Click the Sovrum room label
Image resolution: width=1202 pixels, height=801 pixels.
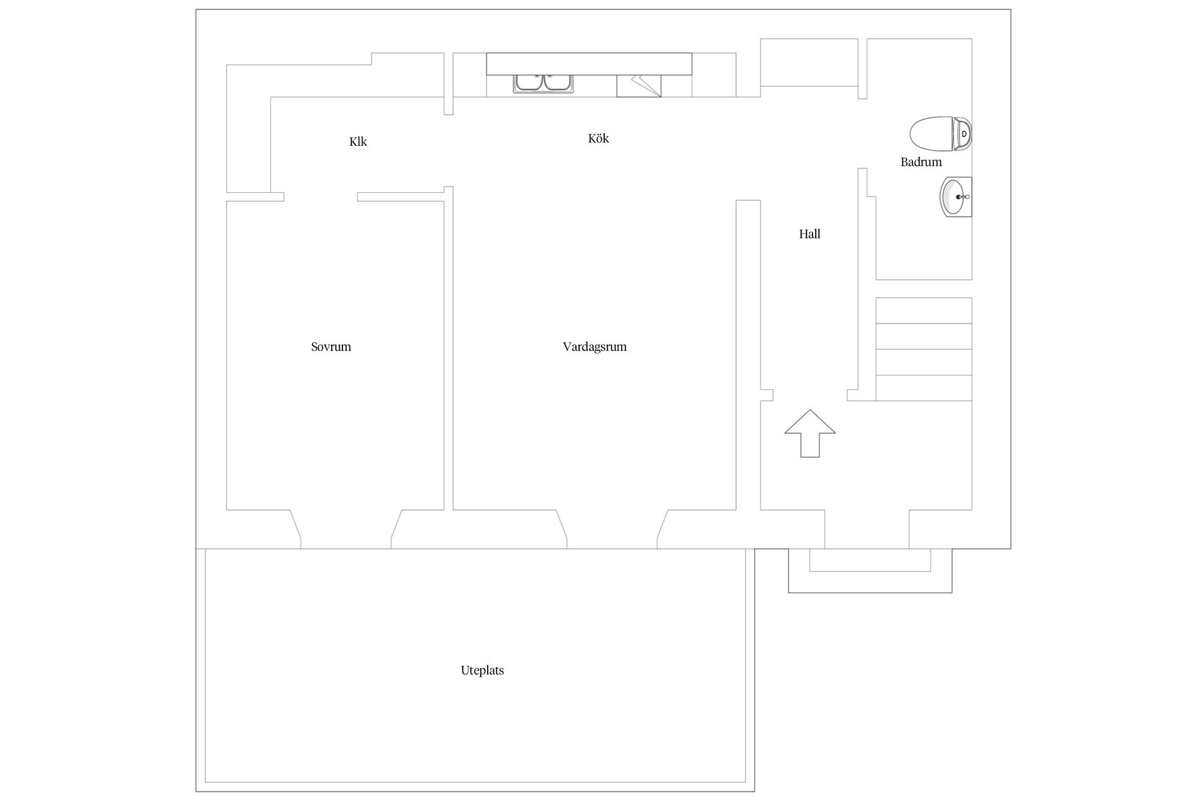[331, 347]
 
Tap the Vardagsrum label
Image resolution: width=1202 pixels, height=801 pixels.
[594, 347]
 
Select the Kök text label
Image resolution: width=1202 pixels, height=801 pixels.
[598, 138]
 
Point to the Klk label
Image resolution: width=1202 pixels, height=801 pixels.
[358, 141]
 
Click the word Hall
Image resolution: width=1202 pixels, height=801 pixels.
[809, 234]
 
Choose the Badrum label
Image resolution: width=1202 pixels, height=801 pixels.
[921, 162]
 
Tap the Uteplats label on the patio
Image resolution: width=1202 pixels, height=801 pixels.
[482, 670]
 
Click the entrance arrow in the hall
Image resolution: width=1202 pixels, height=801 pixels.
[810, 433]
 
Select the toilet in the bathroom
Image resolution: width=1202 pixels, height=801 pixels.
[940, 134]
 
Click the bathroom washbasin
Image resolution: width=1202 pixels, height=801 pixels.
[956, 197]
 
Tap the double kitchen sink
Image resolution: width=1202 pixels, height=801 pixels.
[543, 83]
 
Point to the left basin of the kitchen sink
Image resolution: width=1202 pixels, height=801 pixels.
[529, 83]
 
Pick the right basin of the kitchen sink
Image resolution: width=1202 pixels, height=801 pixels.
[557, 83]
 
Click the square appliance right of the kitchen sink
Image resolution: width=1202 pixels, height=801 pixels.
[639, 86]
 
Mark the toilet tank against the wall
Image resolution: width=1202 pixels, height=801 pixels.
[962, 134]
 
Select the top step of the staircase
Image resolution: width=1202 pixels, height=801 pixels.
[923, 310]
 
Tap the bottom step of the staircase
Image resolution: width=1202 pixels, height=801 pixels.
[923, 388]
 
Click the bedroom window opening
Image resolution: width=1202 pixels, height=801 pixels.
[346, 529]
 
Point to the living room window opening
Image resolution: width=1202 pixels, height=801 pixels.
[612, 529]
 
